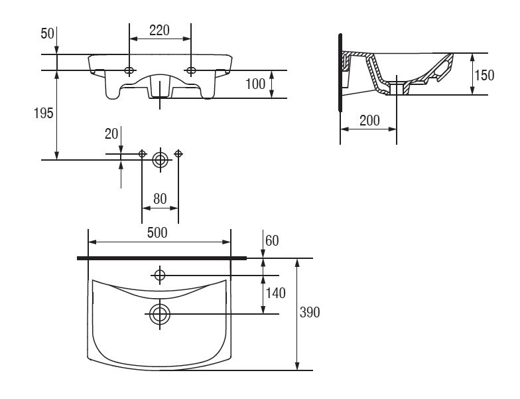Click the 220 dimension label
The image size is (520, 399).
(159, 31)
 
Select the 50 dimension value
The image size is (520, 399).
(47, 33)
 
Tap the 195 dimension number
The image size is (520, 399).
(44, 114)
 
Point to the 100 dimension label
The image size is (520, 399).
(255, 84)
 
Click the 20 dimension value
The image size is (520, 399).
(111, 134)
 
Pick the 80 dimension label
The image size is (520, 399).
(160, 199)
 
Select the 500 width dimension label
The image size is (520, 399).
(157, 232)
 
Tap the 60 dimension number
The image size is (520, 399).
(272, 241)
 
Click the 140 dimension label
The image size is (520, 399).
(276, 293)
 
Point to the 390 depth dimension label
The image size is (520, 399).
(310, 312)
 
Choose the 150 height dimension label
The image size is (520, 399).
(484, 76)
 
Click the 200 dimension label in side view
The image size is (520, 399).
(370, 121)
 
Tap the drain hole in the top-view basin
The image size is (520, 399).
(160, 314)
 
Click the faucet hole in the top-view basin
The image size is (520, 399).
(160, 275)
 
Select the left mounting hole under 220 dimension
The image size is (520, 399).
(129, 70)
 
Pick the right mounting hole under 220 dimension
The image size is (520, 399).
(191, 70)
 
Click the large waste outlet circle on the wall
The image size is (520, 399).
(161, 160)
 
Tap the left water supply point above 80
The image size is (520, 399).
(142, 154)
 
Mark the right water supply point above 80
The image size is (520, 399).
(178, 154)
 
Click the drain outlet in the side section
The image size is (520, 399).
(397, 88)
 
